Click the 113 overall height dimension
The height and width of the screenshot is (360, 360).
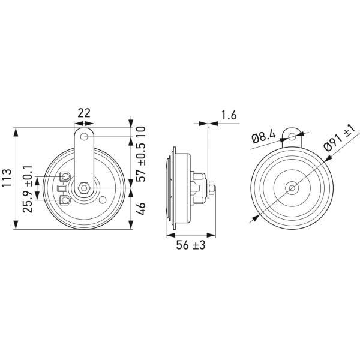[x=7, y=178]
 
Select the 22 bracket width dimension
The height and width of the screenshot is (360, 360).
[x=84, y=113]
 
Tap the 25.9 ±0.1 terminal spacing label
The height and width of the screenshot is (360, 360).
[x=28, y=188]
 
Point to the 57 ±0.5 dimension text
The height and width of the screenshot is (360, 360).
[x=141, y=163]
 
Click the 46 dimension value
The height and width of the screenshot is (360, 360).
[x=141, y=208]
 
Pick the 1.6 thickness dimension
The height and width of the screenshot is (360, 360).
[x=229, y=115]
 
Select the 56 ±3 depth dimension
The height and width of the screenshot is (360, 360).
[x=191, y=245]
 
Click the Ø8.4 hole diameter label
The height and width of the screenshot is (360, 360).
[x=264, y=137]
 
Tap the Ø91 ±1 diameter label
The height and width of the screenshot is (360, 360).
[x=340, y=138]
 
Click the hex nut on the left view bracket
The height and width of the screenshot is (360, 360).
[x=84, y=188]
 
